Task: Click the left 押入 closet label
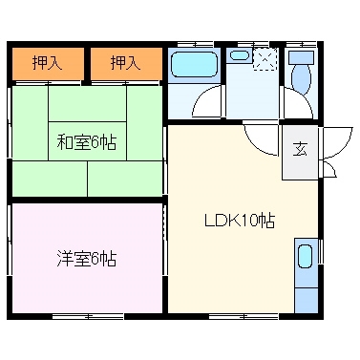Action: click(x=46, y=64)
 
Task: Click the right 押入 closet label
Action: click(x=124, y=64)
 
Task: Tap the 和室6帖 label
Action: click(x=86, y=142)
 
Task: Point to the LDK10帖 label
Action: click(x=240, y=220)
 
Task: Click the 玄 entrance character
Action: click(x=300, y=149)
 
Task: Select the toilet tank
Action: click(x=302, y=58)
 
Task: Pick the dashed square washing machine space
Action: click(x=264, y=58)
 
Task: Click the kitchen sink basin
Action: click(x=305, y=257)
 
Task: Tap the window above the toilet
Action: click(x=302, y=43)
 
